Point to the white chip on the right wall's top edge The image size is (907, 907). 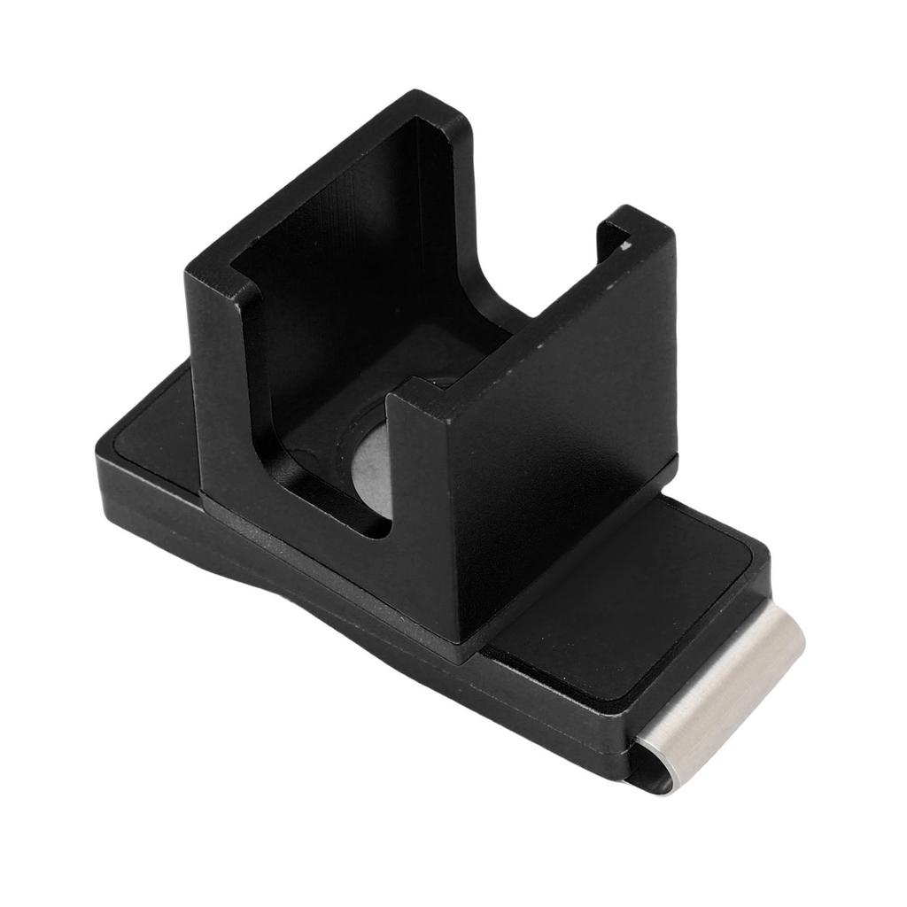pyautogui.click(x=628, y=246)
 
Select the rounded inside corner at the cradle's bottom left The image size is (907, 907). pyautogui.click(x=372, y=528)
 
